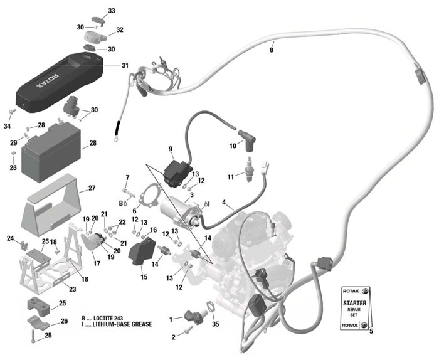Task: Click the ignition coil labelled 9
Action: click(176, 169)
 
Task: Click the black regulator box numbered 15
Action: click(144, 252)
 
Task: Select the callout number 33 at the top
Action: click(112, 11)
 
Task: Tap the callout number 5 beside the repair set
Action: click(371, 331)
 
